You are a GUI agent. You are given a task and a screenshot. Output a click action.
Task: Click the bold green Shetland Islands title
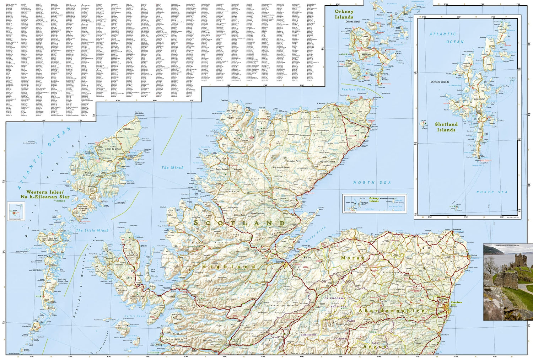[446, 127]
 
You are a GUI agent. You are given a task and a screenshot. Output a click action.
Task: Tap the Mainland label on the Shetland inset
[479, 99]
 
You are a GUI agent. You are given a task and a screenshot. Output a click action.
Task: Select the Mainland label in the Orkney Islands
[366, 54]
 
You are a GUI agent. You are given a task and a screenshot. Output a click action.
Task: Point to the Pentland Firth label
[353, 90]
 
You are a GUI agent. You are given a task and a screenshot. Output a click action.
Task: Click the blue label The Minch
[173, 167]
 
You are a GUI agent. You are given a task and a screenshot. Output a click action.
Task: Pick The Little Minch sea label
[92, 230]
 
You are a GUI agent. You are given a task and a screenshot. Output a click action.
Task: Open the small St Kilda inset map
[16, 211]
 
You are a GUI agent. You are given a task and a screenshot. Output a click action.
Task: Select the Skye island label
[129, 278]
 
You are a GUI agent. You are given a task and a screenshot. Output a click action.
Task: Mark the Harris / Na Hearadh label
[88, 174]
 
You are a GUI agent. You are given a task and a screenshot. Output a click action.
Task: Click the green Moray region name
[351, 258]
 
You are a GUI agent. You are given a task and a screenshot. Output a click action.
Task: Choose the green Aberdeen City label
[456, 304]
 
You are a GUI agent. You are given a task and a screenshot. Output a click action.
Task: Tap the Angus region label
[375, 346]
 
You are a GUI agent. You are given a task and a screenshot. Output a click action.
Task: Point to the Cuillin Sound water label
[135, 316]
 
